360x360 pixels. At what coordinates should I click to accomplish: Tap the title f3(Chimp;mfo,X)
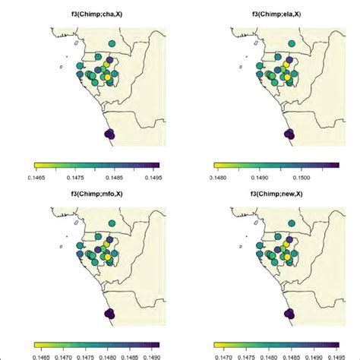tap(96, 191)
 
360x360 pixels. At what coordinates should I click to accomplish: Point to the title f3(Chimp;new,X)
tap(276, 191)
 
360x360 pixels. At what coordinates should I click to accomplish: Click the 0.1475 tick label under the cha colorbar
tap(79, 174)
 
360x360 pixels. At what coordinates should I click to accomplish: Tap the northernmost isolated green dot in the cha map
tap(111, 44)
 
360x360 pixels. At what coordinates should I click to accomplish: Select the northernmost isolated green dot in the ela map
tap(290, 44)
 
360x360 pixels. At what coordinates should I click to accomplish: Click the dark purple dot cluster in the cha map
tap(109, 134)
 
